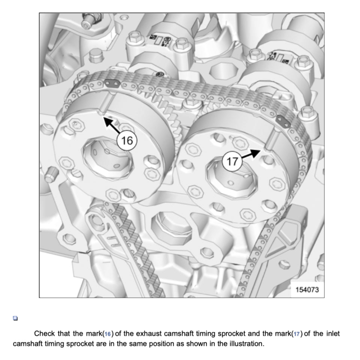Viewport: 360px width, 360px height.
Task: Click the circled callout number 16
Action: tap(127, 140)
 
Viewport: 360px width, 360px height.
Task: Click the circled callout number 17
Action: tap(232, 161)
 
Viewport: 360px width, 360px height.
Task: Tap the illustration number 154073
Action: tap(307, 290)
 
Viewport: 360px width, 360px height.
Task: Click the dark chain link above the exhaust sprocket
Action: tap(112, 83)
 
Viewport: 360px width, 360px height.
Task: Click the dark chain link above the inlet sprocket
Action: tap(283, 121)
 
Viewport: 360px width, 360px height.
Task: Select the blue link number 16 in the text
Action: tap(108, 334)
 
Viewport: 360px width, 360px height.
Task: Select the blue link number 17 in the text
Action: tap(297, 334)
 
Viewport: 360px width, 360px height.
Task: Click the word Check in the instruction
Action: tap(45, 333)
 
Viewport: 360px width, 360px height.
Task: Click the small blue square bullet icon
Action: tap(15, 318)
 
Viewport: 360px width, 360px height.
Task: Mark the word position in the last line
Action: tap(164, 344)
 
